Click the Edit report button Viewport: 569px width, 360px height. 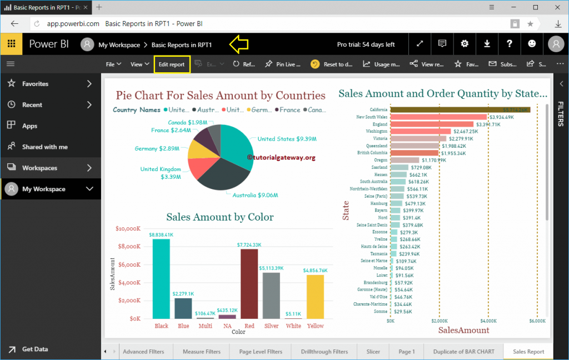pos(172,64)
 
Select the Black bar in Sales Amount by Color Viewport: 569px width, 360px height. pos(161,278)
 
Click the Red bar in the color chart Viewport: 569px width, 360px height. pos(249,283)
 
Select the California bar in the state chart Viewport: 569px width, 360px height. pos(460,110)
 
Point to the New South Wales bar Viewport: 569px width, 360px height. pos(438,117)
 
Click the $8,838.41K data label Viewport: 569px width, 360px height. pos(161,235)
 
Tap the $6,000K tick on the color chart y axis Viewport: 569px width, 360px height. pos(129,264)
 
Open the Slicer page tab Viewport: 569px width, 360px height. pos(373,352)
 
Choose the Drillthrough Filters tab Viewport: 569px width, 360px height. pos(324,352)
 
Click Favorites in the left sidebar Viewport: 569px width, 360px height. pos(35,84)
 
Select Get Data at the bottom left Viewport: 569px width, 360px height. pos(34,349)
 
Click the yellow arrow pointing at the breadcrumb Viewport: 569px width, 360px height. pos(238,44)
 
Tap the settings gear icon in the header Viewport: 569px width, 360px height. pos(465,44)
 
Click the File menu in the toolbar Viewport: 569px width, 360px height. pos(113,64)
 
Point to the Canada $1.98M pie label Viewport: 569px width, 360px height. pos(188,122)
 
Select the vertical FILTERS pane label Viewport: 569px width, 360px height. pos(561,114)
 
